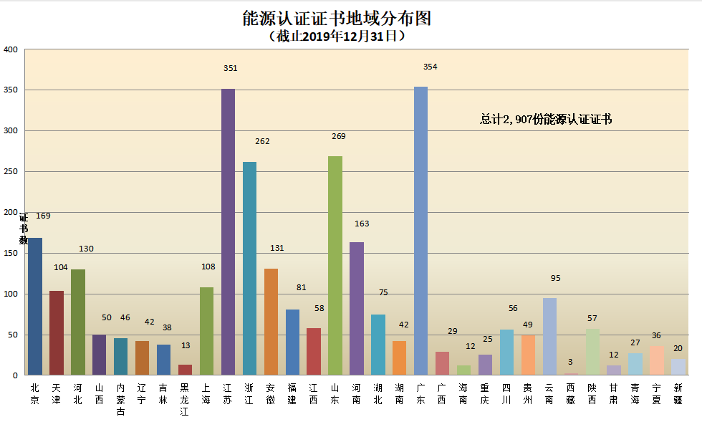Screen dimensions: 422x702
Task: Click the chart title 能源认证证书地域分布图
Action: pyautogui.click(x=337, y=18)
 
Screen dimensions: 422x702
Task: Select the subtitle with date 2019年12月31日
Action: pyautogui.click(x=337, y=36)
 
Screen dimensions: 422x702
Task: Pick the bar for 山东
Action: pyautogui.click(x=335, y=265)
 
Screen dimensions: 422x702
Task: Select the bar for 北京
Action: pyautogui.click(x=35, y=306)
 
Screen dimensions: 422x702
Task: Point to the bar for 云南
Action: pyautogui.click(x=549, y=336)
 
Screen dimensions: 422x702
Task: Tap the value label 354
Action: pyautogui.click(x=430, y=67)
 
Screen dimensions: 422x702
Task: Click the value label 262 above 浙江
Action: pyautogui.click(x=262, y=141)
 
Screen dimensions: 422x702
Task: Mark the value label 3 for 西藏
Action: pyautogui.click(x=570, y=362)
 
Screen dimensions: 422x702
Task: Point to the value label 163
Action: pyautogui.click(x=362, y=224)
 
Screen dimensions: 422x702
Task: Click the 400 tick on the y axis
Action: pyautogui.click(x=11, y=49)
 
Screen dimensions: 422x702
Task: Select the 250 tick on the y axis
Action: pyautogui.click(x=11, y=172)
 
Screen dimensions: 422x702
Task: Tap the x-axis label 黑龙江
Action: pyautogui.click(x=185, y=399)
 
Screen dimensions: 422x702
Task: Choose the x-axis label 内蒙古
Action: pyautogui.click(x=120, y=399)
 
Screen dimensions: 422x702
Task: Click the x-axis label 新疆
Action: pyautogui.click(x=678, y=393)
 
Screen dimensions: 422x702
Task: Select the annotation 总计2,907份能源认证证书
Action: pyautogui.click(x=546, y=120)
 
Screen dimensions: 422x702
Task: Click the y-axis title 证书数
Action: pyautogui.click(x=24, y=229)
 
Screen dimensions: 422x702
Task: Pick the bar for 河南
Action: pyautogui.click(x=357, y=308)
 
